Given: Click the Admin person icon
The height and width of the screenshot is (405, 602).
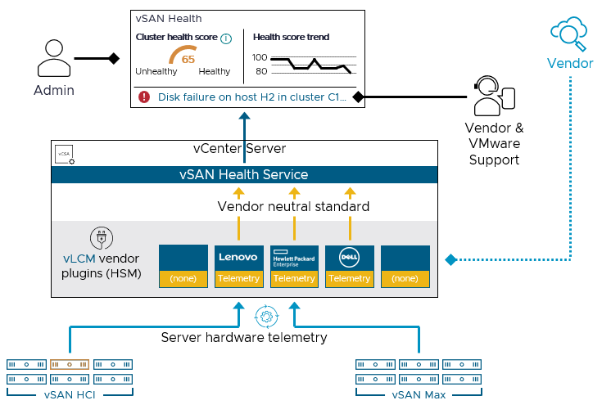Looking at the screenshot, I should tap(52, 59).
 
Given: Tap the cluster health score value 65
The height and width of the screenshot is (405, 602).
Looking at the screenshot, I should tap(188, 59).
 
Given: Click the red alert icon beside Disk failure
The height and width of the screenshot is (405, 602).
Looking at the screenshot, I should tap(144, 97).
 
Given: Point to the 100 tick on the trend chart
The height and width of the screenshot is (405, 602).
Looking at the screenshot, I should tap(260, 57).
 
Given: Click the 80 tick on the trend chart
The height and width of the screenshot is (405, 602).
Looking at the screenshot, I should tap(261, 72).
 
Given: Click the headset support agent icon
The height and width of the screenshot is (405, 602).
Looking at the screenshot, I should tap(493, 97).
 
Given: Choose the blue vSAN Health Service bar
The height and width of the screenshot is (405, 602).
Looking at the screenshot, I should tap(244, 174).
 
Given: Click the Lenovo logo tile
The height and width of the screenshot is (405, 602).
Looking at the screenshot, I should tap(239, 257).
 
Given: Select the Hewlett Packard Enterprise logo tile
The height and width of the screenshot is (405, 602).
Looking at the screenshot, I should tap(294, 257).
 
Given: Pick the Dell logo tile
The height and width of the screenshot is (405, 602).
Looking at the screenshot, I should tap(349, 257).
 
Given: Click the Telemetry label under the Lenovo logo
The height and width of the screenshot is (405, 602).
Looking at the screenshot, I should tap(239, 278).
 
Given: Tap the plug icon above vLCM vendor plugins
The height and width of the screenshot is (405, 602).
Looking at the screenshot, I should tap(101, 238).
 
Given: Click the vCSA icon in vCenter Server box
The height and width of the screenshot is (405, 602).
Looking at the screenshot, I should tap(63, 155).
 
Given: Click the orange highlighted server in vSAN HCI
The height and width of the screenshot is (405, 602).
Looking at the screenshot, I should tap(69, 363).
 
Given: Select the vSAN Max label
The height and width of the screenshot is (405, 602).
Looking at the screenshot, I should tap(418, 395).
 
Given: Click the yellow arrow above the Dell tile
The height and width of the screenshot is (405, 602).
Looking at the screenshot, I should tap(350, 194).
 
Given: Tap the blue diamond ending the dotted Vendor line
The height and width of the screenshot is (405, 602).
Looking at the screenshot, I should tap(450, 259).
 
